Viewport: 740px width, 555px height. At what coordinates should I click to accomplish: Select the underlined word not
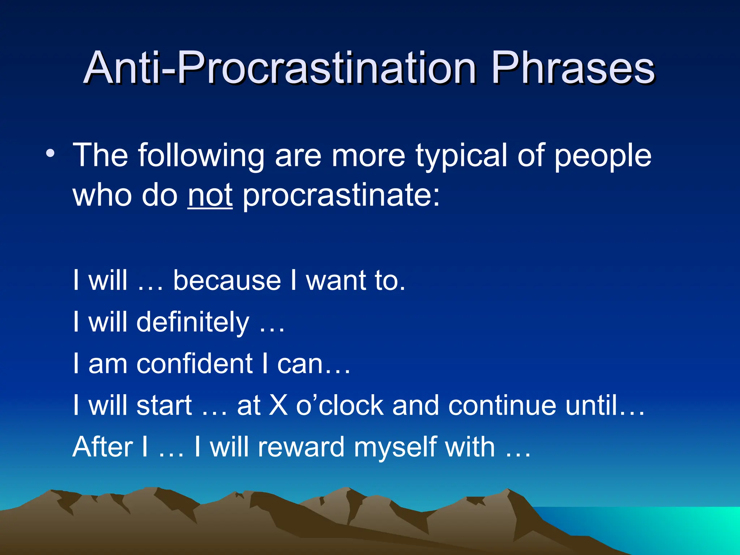tap(210, 195)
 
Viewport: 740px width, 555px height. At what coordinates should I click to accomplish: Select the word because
tap(227, 280)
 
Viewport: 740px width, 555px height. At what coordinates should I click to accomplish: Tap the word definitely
tap(193, 322)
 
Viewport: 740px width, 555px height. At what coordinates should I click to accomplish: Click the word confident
tap(194, 364)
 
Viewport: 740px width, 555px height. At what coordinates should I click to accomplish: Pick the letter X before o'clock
tap(279, 405)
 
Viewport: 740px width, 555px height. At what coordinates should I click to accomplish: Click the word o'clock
tap(339, 405)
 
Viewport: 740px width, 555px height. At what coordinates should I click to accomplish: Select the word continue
tap(502, 405)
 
